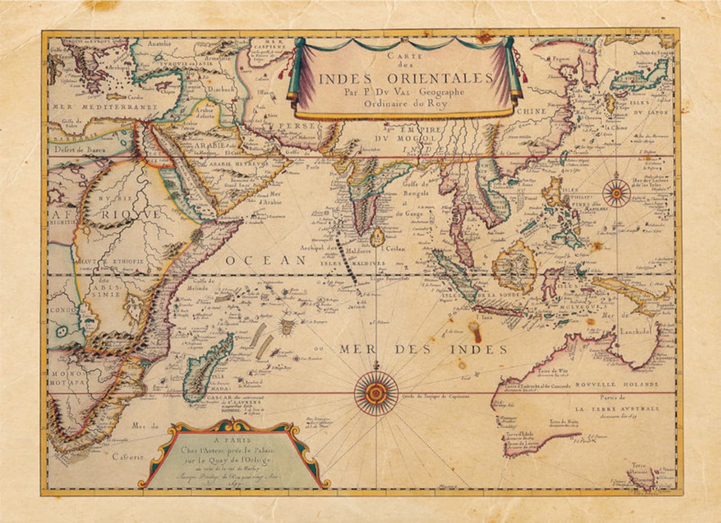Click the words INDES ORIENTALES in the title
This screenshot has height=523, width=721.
coord(405,78)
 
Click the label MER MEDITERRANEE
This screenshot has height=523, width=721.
coord(105,107)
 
